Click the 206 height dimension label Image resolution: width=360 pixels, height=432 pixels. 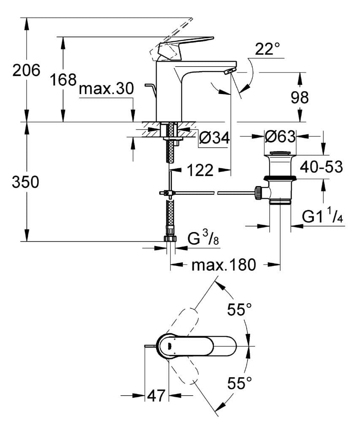coord(26,70)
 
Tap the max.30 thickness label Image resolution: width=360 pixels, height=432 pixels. coord(106,89)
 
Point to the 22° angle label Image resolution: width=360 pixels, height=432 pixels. coord(267,50)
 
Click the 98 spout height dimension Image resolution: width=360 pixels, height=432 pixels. coord(300,97)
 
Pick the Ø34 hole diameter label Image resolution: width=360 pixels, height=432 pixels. coord(214,137)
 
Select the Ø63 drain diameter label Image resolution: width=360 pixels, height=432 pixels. coord(280,136)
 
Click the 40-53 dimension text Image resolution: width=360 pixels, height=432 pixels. coord(321,167)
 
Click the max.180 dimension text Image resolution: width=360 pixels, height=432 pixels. coord(224,265)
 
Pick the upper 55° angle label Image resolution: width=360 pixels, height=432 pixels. coord(239,310)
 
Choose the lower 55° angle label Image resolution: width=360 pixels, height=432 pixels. coord(239,383)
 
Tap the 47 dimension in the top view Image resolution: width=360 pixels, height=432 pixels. coord(157,396)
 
